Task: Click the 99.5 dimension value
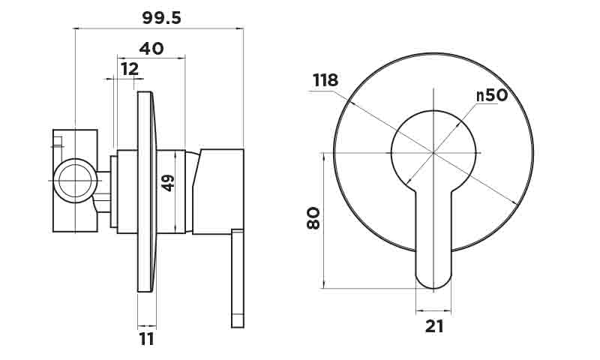(161, 18)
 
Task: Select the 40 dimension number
(151, 49)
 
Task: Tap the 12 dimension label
(130, 69)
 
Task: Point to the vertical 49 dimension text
(168, 182)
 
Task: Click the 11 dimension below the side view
(146, 339)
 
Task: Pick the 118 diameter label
(325, 80)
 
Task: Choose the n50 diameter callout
(492, 95)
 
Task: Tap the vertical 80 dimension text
(313, 217)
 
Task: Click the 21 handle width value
(434, 326)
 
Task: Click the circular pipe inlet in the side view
(76, 180)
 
